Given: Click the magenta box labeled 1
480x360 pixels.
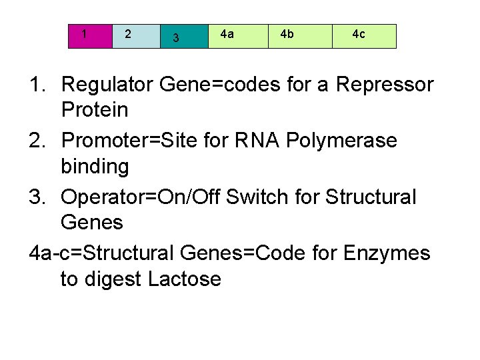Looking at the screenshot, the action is (x=91, y=36).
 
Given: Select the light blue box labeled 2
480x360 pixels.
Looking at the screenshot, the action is (x=136, y=36).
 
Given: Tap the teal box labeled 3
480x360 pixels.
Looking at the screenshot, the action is (x=184, y=37).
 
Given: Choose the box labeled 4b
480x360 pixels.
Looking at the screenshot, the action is (x=300, y=36).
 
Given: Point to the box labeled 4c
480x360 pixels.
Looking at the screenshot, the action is (x=364, y=36).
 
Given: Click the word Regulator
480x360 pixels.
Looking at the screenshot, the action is (x=107, y=85).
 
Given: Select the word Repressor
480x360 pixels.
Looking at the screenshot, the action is (x=385, y=85).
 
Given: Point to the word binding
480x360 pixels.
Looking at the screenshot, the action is (x=95, y=166).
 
